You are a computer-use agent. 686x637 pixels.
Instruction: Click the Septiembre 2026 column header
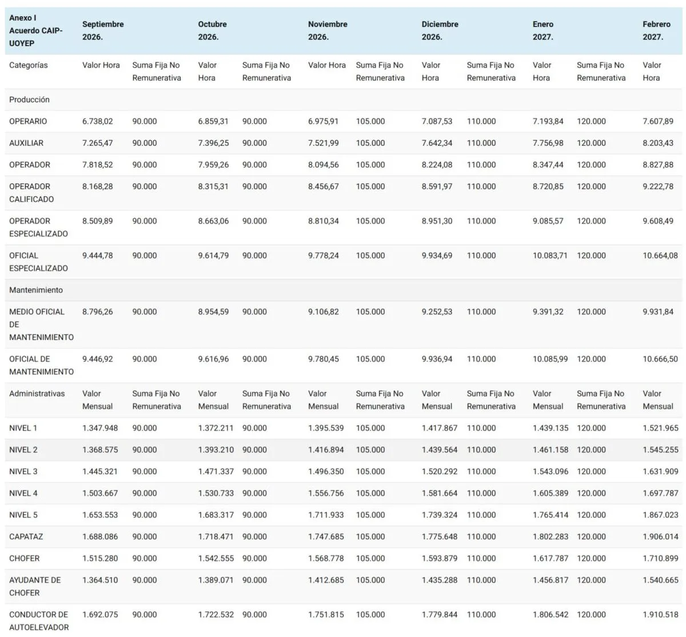pos(103,30)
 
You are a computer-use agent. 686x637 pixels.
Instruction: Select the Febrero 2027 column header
pos(656,30)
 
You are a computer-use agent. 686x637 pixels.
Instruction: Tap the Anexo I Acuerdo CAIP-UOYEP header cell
pos(35,30)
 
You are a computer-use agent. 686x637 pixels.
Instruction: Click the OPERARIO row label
pos(28,121)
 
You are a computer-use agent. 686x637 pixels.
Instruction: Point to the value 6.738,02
pos(97,121)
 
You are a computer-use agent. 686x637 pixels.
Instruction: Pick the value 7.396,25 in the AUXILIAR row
pos(213,143)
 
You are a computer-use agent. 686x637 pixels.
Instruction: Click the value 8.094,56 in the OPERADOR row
pos(324,165)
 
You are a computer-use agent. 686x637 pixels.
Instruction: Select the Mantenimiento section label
pos(36,290)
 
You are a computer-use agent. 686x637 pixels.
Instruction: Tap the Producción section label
pos(29,100)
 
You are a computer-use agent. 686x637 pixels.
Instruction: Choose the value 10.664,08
pos(660,256)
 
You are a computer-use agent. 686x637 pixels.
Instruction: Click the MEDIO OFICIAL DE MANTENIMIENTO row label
pos(42,325)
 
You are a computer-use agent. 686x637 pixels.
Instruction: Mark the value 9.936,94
pos(437,359)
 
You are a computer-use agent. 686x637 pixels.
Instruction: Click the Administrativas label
pos(37,394)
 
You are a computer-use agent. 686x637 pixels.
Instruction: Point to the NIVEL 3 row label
pos(23,472)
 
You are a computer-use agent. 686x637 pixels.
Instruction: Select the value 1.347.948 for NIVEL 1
pos(100,428)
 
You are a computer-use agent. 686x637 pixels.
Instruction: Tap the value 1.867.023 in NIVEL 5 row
pos(660,515)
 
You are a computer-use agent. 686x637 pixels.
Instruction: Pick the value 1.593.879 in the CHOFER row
pos(440,559)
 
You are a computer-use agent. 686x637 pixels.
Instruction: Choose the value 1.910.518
pos(660,615)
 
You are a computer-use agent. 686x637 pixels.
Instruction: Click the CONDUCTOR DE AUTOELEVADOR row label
pos(39,621)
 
